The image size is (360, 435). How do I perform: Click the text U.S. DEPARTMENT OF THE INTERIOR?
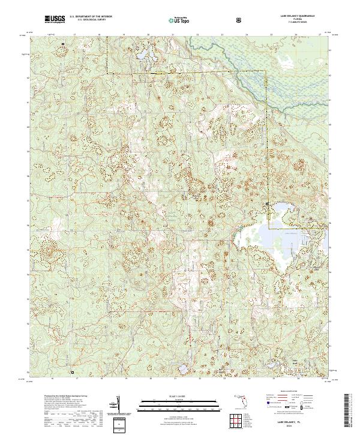coord(95,17)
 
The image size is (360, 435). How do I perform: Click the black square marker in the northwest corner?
coord(62,44)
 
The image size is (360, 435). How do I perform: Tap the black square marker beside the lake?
coord(268,205)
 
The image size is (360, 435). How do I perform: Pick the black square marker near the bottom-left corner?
coord(71,372)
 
